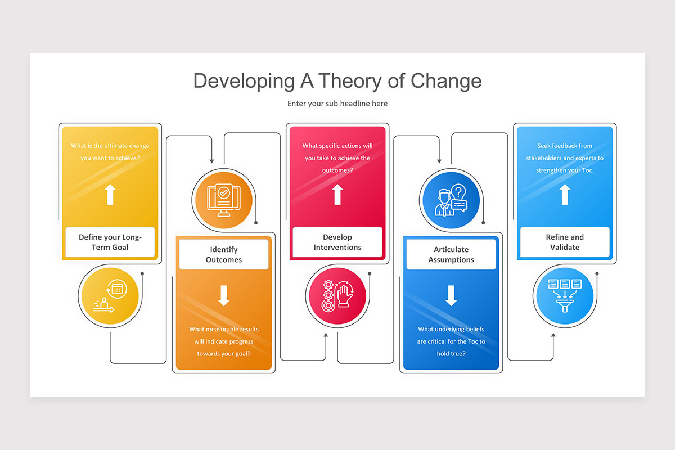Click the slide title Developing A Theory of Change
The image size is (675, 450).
click(337, 81)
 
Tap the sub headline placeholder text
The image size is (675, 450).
click(337, 103)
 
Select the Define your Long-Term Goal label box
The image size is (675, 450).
click(110, 242)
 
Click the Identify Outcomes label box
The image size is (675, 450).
click(224, 254)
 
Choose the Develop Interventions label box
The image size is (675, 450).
click(337, 242)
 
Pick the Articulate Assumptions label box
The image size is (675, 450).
click(451, 254)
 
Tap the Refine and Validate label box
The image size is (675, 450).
click(565, 242)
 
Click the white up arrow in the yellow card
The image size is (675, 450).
click(110, 194)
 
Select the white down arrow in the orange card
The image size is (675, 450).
click(224, 295)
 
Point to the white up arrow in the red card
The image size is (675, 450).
click(337, 194)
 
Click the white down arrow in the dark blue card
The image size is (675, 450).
click(451, 295)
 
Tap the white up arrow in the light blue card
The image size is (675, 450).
click(565, 194)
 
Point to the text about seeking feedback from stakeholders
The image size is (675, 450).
click(565, 158)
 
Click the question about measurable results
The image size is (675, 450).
click(224, 341)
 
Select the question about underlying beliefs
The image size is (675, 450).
click(451, 341)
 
